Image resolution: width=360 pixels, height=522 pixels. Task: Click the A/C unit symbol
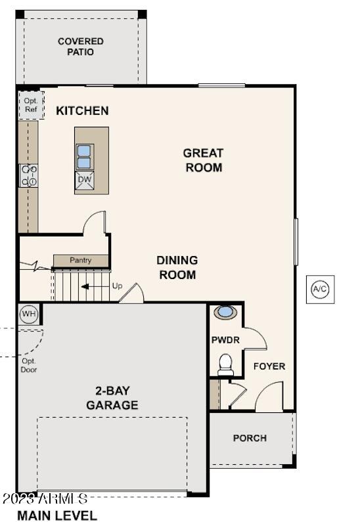(320, 289)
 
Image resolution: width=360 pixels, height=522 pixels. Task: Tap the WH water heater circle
(28, 314)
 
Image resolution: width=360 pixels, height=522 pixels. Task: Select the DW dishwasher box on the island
(85, 179)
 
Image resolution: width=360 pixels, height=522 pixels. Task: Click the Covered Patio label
(81, 47)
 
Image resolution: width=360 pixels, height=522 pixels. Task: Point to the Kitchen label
(82, 110)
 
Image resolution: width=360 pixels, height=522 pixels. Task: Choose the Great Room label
(203, 160)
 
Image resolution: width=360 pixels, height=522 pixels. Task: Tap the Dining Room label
(177, 267)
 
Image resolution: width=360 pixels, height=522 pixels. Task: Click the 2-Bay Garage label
(112, 397)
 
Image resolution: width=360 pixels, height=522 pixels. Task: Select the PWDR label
(225, 340)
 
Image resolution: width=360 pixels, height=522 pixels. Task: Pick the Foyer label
(269, 366)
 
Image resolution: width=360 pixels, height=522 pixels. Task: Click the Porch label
(250, 438)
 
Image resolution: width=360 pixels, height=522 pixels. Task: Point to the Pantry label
(81, 261)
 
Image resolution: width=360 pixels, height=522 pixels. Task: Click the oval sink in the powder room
(225, 312)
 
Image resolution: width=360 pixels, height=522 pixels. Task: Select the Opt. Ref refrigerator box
(31, 105)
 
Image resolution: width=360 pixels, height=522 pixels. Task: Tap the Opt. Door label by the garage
(29, 365)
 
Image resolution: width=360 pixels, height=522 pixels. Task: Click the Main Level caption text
(57, 515)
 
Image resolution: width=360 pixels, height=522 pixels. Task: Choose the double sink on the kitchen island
(85, 156)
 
